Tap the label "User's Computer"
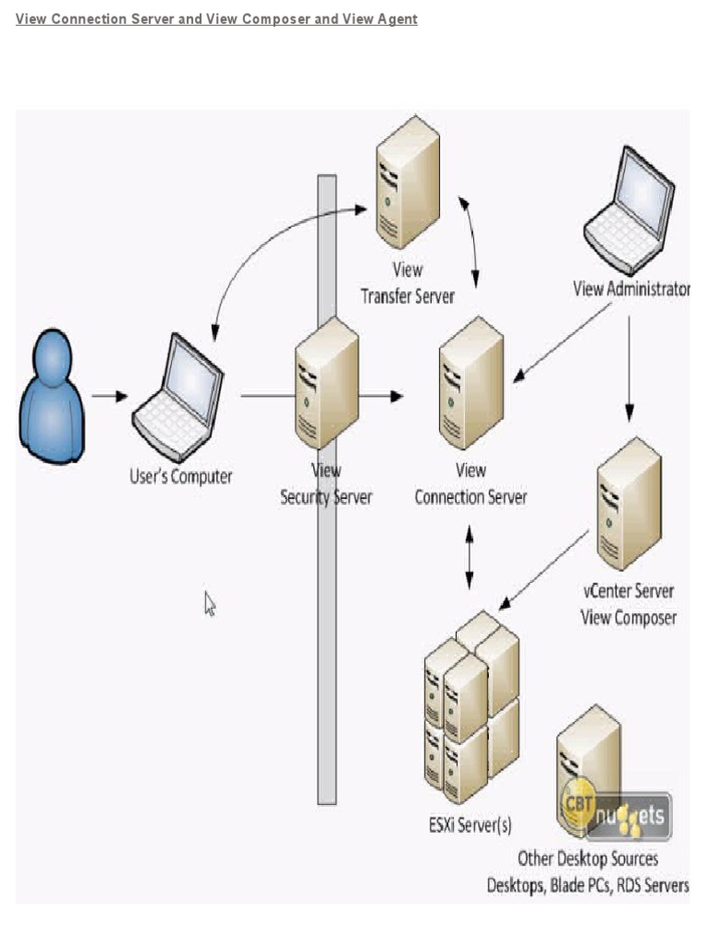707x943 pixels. point(180,477)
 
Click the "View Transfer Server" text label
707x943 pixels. point(407,284)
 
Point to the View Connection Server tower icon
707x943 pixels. point(470,382)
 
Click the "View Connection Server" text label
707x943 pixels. point(470,484)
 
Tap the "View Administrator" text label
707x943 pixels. point(631,289)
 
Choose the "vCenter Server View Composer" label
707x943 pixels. point(628,604)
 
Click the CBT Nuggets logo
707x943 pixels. point(615,811)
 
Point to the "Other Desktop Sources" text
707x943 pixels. point(587,858)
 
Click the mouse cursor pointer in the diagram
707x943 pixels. point(210,604)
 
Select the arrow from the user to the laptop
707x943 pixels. point(110,396)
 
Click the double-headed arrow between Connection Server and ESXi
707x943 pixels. point(469,558)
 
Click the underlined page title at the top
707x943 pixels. point(216,18)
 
